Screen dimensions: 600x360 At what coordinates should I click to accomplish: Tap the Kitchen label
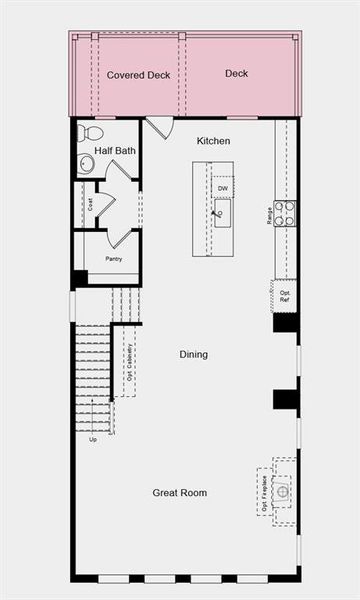[214, 141]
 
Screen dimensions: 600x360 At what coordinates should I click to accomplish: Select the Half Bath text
[115, 151]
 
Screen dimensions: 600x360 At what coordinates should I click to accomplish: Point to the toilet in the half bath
[90, 133]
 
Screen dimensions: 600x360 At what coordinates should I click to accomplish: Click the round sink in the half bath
[86, 163]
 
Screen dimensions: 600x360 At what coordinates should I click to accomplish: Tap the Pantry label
[114, 259]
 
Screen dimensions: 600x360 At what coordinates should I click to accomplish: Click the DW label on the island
[222, 188]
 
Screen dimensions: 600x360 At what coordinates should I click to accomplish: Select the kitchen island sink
[222, 212]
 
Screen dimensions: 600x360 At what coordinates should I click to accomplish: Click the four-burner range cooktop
[285, 213]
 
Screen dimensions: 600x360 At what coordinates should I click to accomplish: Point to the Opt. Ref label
[285, 296]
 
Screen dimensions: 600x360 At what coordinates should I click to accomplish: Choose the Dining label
[194, 354]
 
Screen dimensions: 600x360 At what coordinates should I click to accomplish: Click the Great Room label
[180, 492]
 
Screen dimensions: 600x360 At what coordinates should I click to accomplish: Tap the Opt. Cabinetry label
[129, 362]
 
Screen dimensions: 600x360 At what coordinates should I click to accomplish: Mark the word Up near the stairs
[93, 439]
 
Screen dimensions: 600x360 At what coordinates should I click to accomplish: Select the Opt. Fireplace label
[265, 493]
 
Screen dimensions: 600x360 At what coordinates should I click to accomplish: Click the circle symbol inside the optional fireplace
[283, 491]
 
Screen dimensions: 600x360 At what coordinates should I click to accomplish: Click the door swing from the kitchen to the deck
[159, 128]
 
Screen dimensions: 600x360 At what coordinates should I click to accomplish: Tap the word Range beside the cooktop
[270, 213]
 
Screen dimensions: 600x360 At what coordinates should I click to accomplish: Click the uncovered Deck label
[237, 74]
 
